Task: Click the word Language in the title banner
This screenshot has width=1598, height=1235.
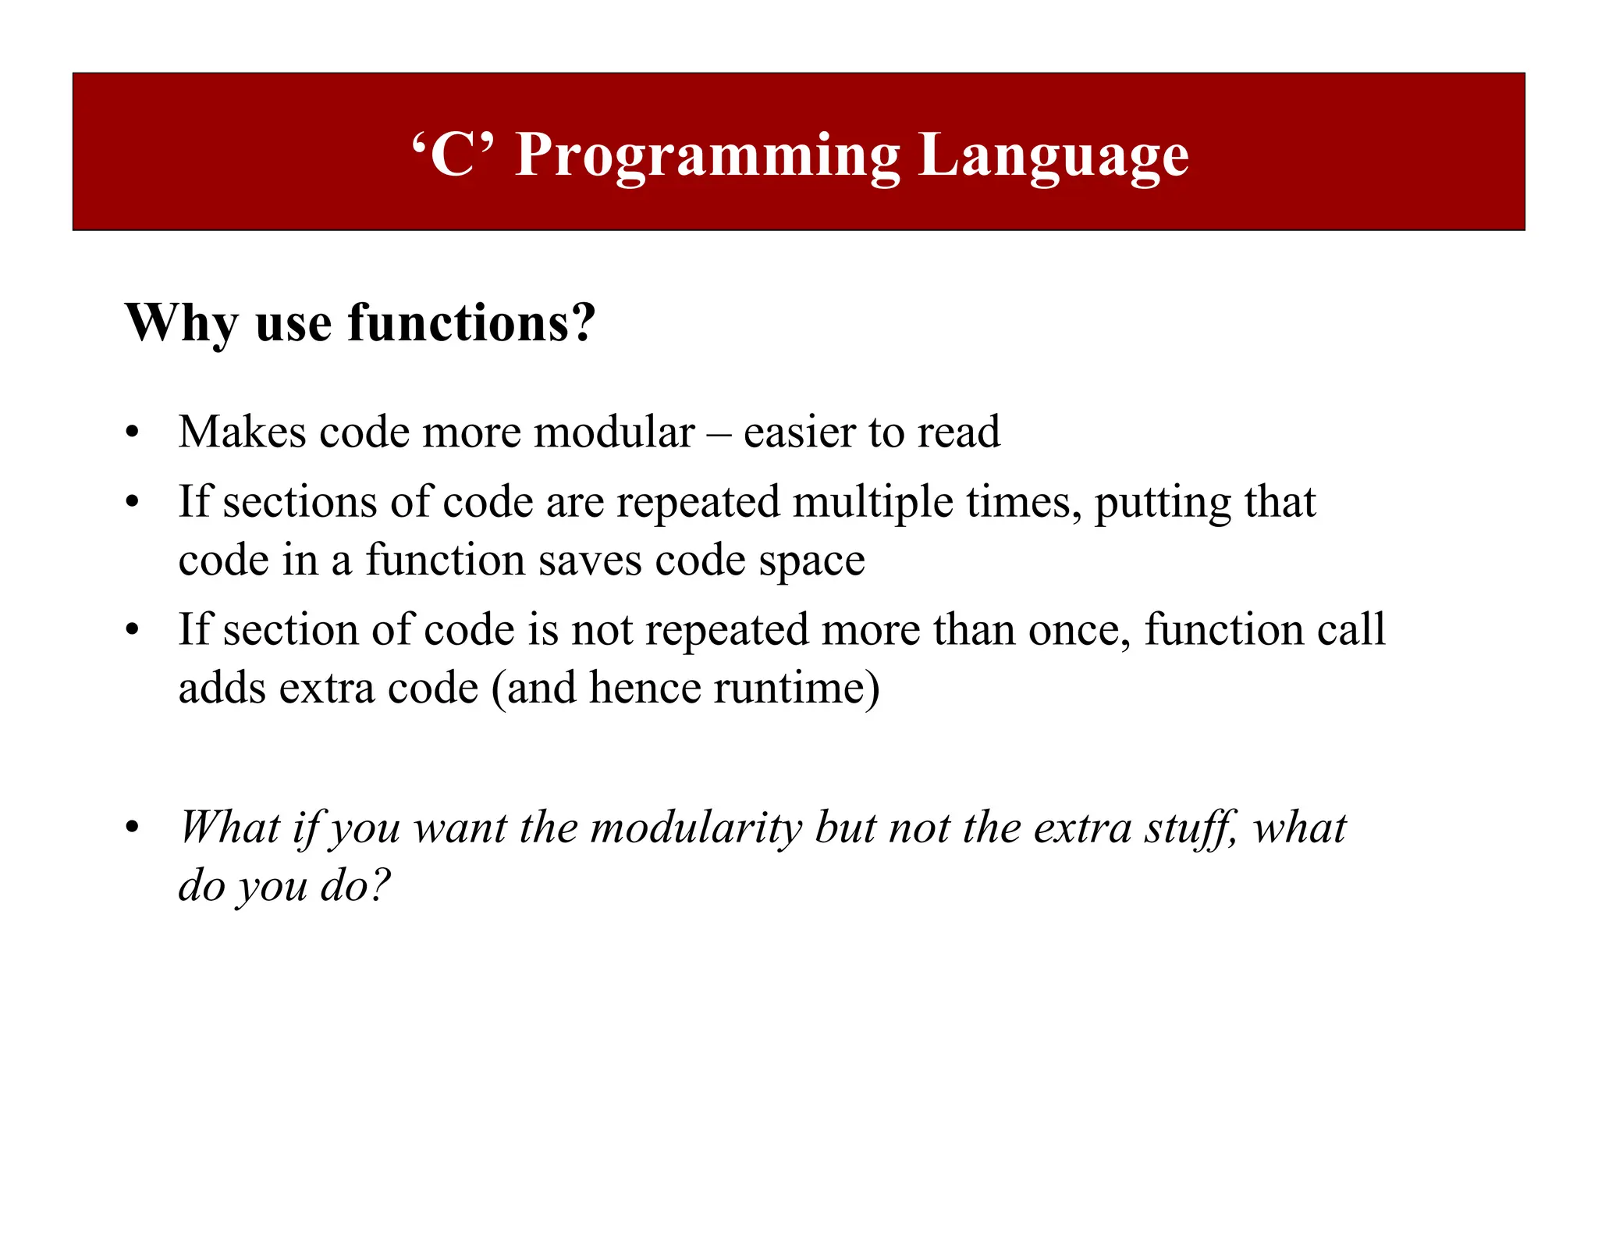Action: coord(1053,155)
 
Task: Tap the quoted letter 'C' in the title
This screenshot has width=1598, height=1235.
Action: coord(453,155)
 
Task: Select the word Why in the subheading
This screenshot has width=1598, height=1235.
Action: coord(181,322)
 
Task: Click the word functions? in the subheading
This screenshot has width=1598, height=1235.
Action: coord(471,322)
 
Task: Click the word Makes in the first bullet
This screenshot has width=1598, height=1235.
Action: coord(242,432)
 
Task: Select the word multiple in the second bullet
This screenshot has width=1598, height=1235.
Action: coord(873,502)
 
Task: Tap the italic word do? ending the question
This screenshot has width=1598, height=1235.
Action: coord(355,886)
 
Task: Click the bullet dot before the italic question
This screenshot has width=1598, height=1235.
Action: coord(133,827)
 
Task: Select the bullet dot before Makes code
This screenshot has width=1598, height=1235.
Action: coord(133,432)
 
